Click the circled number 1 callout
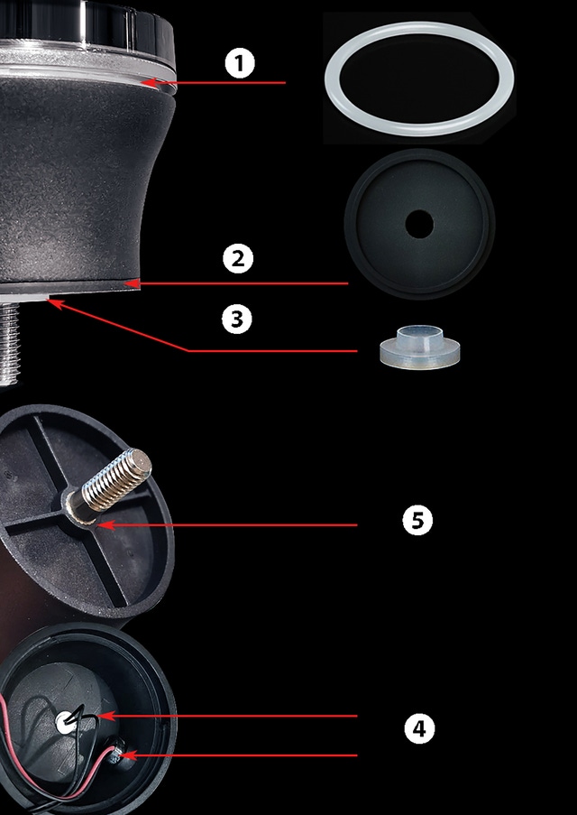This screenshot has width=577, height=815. [240, 63]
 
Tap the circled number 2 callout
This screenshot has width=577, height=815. [238, 259]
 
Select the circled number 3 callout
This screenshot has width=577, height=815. [237, 319]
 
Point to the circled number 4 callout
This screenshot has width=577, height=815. [419, 728]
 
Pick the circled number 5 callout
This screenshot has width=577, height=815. [417, 520]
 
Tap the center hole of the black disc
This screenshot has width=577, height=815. [419, 224]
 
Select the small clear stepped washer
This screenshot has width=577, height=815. [419, 347]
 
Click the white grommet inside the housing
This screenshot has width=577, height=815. [65, 722]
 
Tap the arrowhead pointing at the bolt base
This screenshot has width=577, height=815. [105, 525]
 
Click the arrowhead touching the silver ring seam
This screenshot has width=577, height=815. [149, 83]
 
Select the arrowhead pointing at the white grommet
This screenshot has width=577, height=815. [106, 717]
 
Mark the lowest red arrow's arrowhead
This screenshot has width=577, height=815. [128, 755]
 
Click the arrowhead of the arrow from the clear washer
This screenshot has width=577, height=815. [55, 303]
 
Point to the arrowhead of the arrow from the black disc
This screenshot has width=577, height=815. [133, 283]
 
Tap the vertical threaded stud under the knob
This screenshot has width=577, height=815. [9, 344]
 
